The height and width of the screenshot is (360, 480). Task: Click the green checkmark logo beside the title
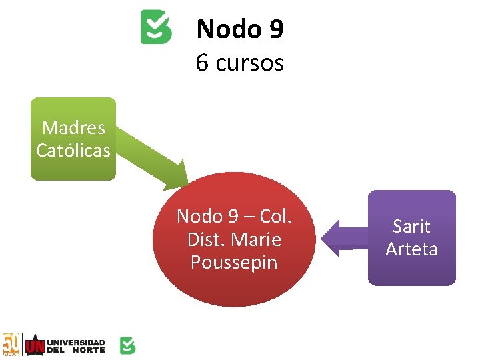click(156, 27)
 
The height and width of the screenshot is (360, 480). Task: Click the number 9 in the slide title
click(275, 29)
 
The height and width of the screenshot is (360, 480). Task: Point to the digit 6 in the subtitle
click(202, 63)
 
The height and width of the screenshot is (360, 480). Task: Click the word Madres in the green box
click(73, 127)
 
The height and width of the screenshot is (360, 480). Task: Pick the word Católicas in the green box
click(73, 151)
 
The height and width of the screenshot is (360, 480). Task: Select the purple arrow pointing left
click(343, 238)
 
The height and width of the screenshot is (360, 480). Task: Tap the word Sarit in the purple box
click(411, 227)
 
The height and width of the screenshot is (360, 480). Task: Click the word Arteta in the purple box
click(411, 249)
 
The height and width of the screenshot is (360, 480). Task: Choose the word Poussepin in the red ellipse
click(233, 262)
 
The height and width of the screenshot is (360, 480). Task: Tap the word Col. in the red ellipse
click(275, 216)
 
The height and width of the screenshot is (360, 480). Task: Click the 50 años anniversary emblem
click(11, 345)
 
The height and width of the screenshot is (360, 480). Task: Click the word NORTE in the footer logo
click(89, 350)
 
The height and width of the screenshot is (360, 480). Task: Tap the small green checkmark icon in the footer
click(127, 345)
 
